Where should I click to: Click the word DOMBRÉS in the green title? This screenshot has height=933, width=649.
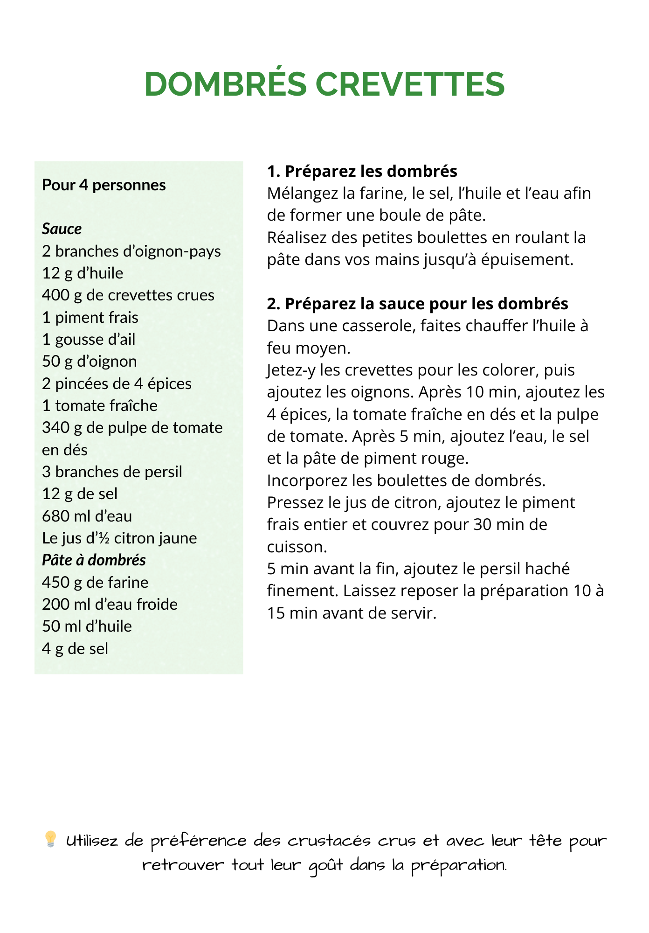point(225,84)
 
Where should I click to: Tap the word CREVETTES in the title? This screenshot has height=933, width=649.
point(410,84)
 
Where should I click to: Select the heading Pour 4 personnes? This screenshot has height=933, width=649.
point(104,185)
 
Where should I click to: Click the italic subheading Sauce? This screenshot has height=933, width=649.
point(62,229)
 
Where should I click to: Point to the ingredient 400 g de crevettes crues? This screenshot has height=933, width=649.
point(128,295)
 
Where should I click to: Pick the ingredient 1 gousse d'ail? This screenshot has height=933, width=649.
point(89,340)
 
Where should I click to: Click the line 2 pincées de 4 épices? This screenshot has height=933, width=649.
point(117,384)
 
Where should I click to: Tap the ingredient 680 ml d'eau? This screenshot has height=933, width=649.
point(87,516)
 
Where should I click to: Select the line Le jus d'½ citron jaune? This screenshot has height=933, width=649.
point(119,538)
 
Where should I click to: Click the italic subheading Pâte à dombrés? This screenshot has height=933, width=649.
point(94,560)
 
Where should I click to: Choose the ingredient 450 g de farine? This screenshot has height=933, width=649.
point(95,583)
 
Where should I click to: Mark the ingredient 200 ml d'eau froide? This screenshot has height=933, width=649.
point(110,605)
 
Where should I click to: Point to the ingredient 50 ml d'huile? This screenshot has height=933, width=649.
point(87,627)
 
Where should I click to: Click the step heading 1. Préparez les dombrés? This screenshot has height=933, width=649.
point(362,172)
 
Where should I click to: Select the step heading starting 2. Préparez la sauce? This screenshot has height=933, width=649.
point(417,304)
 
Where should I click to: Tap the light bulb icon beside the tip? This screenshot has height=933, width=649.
point(50,839)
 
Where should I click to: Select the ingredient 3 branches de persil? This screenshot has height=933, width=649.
point(112,472)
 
